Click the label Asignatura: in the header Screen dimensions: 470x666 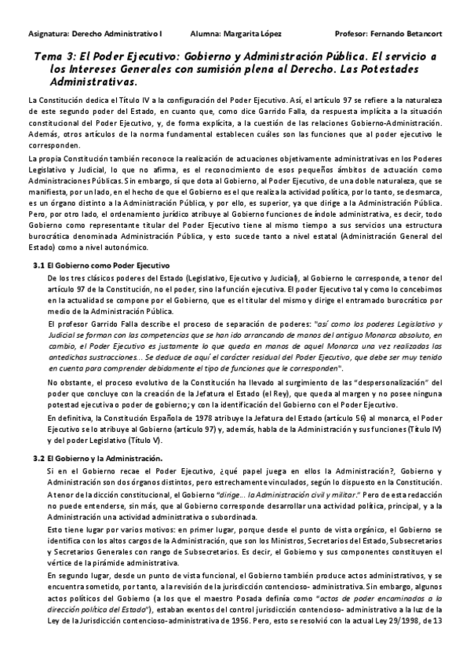[x=48, y=35]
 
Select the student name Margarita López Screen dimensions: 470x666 [x=252, y=35]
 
